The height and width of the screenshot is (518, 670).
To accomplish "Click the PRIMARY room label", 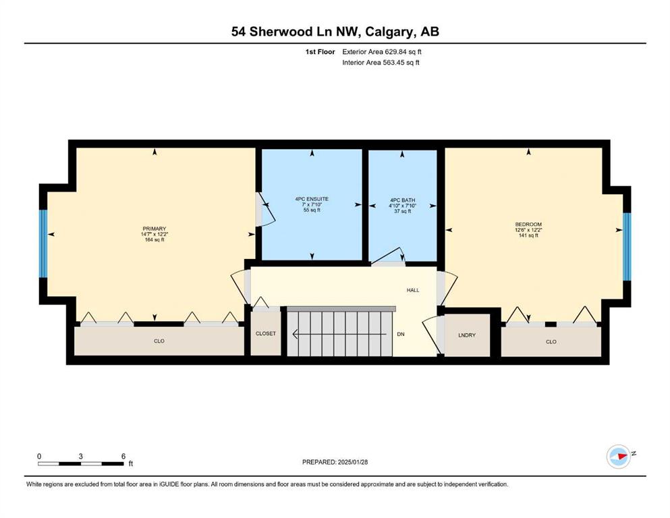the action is pos(155,229).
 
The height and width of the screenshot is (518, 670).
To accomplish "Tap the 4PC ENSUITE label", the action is pos(312,199).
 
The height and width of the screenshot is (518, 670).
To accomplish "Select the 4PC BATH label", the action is pos(403,200).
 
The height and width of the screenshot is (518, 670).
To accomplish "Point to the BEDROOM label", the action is pos(528,224).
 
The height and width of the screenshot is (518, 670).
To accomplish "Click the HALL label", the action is pos(413,291).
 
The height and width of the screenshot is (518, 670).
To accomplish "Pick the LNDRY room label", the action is pos(467,335).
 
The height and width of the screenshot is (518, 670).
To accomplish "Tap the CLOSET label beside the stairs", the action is pos(266,333).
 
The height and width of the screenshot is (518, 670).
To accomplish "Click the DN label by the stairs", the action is pos(401,335).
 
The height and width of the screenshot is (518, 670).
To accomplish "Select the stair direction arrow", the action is pos(339,335).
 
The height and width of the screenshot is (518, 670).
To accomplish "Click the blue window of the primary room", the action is pos(43,244).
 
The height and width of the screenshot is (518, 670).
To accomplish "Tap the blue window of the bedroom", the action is pos(627,246).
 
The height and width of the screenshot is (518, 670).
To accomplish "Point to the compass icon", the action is pos(619,457).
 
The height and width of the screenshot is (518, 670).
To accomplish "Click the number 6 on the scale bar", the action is pos(123,456).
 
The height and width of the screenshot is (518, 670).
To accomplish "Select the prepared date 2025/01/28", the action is pos(352,462).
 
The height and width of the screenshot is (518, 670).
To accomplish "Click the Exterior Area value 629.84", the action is pos(395,52).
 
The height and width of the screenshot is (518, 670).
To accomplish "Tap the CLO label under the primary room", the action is pos(159,341).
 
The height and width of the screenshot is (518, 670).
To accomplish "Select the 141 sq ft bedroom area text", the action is pos(528,235).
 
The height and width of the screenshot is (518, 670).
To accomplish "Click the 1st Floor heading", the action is pos(320,52).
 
